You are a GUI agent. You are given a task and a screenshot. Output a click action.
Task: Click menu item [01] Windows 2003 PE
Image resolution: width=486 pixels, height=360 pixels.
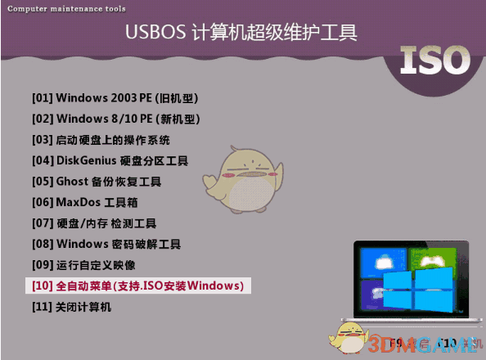115,98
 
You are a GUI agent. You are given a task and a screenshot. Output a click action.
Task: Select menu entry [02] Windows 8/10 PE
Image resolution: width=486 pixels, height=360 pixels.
115,119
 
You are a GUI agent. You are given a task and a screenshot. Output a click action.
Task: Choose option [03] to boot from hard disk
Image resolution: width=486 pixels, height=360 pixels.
101,140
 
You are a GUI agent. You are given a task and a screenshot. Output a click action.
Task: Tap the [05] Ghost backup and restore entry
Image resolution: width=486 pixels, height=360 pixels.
97,182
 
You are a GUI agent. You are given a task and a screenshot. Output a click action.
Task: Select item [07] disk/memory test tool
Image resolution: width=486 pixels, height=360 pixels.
93,223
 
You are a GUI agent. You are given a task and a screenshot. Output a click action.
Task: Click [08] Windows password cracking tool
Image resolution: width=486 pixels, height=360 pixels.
106,244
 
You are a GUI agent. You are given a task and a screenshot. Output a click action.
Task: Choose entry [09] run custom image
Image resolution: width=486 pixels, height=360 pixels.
83,265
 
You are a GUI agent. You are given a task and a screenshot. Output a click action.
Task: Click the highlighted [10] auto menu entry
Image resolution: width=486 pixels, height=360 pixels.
137,286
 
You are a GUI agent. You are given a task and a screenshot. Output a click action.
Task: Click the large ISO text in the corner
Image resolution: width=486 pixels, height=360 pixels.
435,60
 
